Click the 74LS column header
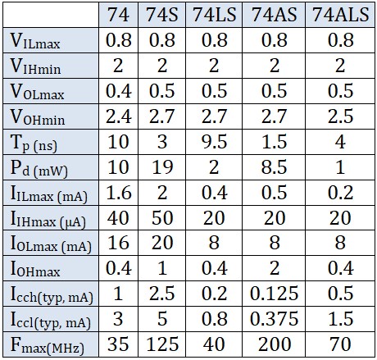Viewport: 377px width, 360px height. click(215, 14)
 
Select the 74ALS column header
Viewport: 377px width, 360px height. click(341, 14)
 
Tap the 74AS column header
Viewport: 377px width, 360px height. click(274, 14)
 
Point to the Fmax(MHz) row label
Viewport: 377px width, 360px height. click(47, 345)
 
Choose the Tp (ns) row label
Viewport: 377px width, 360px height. click(34, 143)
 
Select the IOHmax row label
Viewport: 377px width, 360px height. click(35, 269)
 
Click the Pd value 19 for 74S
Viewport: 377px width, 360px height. click(162, 167)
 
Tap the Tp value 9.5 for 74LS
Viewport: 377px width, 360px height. click(215, 142)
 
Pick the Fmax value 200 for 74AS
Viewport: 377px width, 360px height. click(275, 344)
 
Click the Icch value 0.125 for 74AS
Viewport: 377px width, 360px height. click(274, 294)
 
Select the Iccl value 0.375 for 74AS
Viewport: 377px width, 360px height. click(274, 319)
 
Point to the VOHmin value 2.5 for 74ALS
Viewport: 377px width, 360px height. click(341, 116)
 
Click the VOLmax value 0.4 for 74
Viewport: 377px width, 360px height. click(119, 91)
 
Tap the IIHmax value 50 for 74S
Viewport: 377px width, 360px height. click(162, 218)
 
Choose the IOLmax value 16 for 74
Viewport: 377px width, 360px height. click(118, 243)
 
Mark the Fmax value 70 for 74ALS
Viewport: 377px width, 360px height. click(340, 344)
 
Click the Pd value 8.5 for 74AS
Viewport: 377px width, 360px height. click(275, 167)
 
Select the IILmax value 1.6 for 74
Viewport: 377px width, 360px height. click(119, 193)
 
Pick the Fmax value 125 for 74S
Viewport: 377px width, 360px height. click(162, 344)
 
